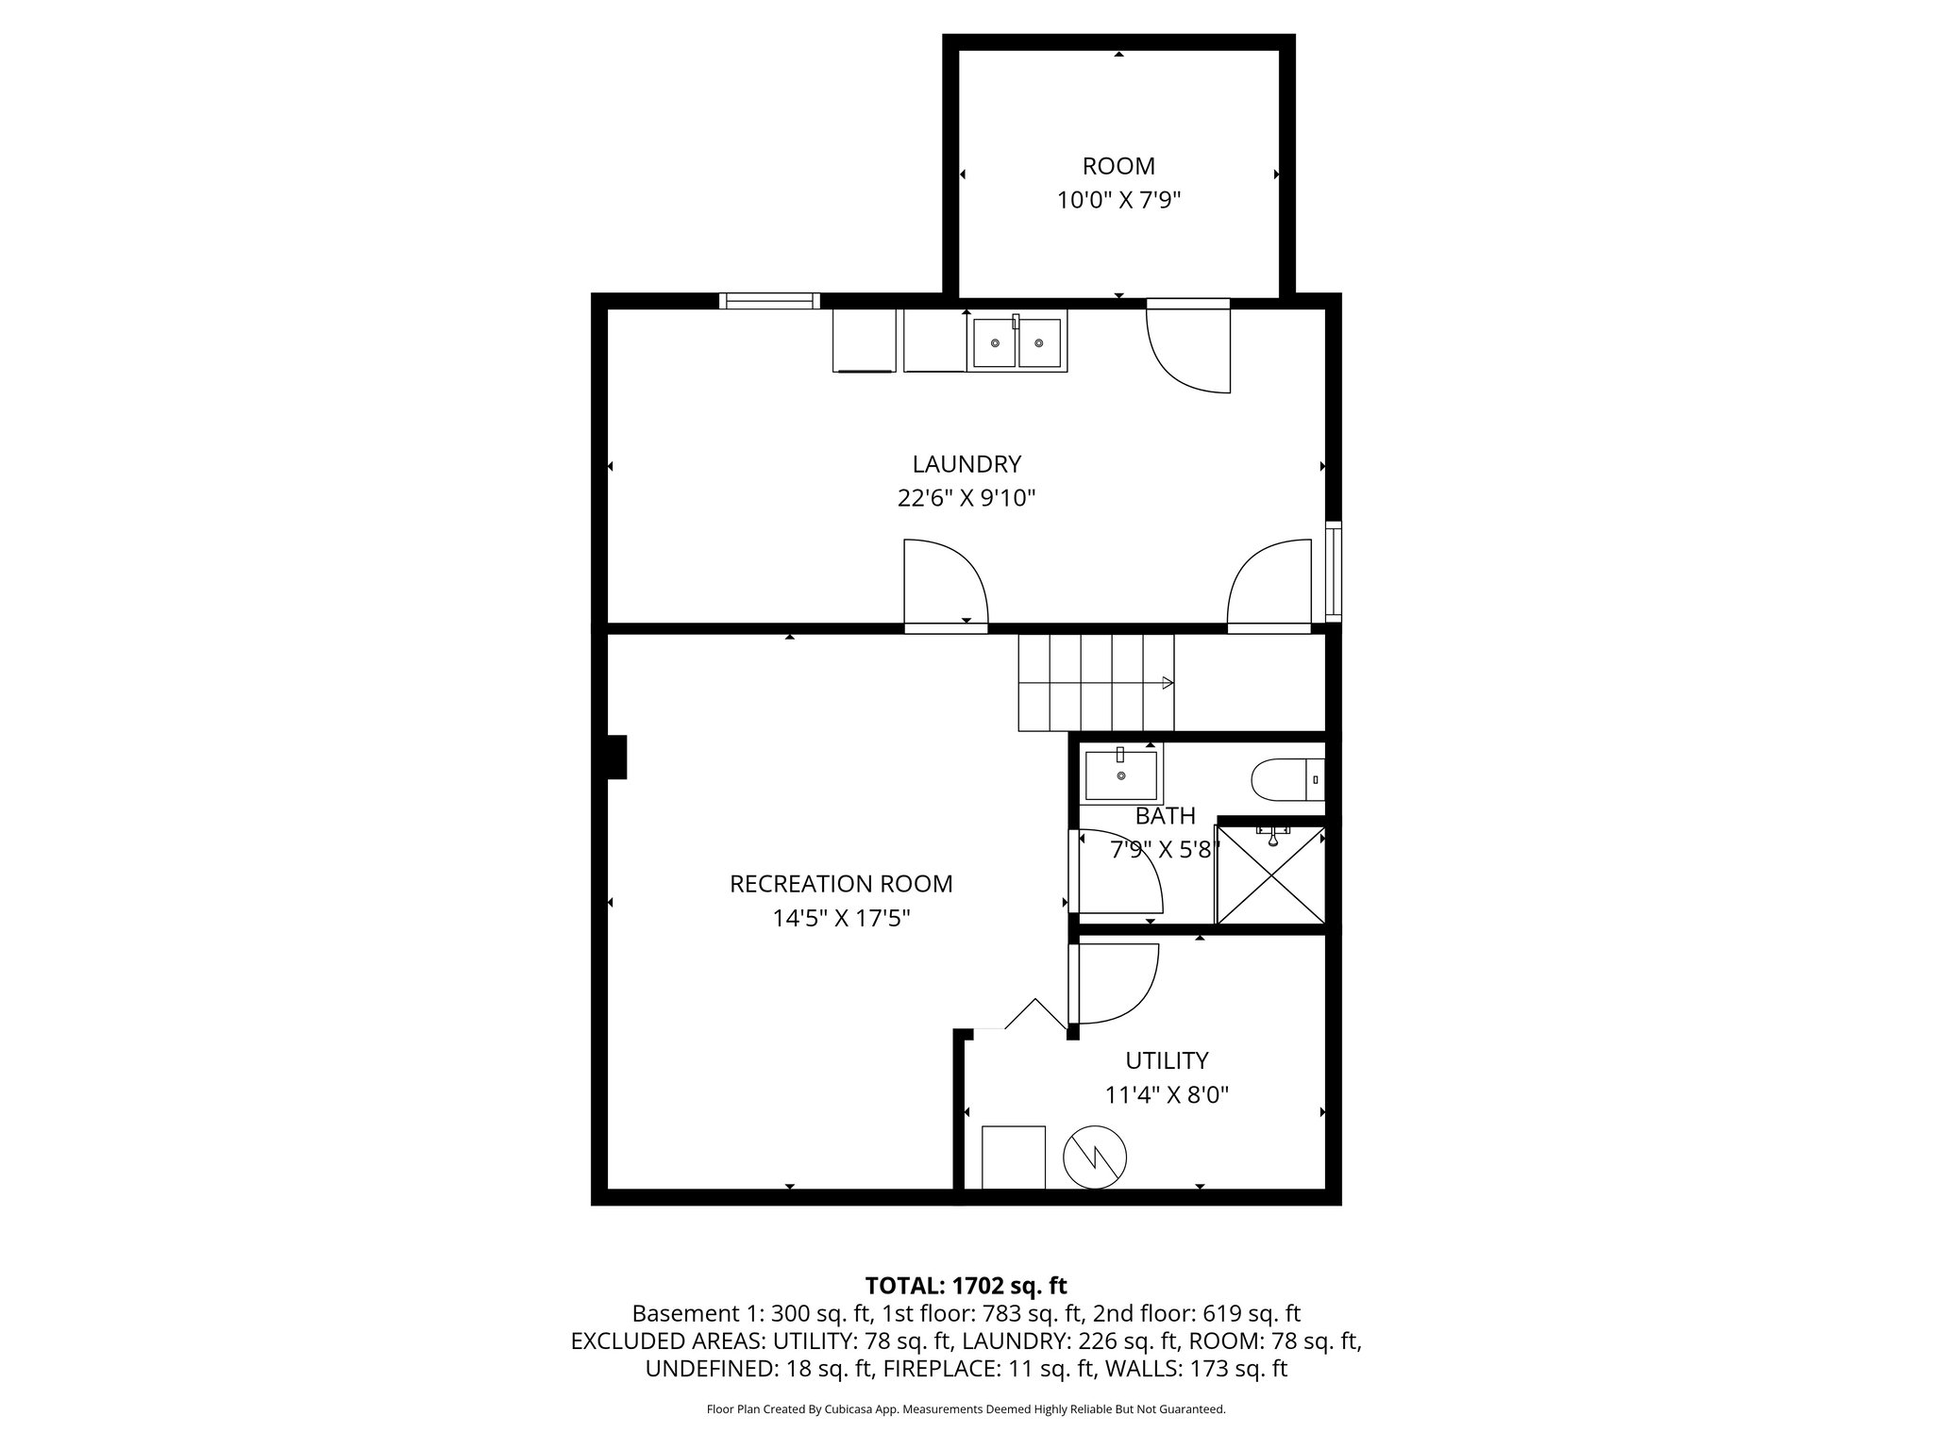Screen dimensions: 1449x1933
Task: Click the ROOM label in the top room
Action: click(x=1118, y=166)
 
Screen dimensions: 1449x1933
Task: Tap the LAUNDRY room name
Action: click(x=966, y=464)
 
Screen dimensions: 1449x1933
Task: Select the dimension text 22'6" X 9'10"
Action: click(x=966, y=498)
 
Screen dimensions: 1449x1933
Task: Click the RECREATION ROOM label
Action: click(x=841, y=884)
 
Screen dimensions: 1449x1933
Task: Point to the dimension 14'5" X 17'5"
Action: click(x=841, y=918)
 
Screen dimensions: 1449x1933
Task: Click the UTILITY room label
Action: click(x=1167, y=1060)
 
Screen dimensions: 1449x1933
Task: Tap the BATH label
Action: click(x=1166, y=816)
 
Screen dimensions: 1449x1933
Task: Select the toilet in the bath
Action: click(x=1287, y=780)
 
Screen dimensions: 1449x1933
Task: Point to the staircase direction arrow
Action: click(x=1167, y=683)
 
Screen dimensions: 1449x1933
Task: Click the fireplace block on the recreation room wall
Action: click(x=616, y=758)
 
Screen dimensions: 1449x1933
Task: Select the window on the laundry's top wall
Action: click(x=769, y=301)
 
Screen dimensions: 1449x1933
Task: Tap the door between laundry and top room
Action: click(x=1188, y=345)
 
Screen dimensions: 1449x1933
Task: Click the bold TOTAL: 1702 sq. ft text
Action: click(x=966, y=1286)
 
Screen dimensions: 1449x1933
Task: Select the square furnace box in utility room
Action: click(x=1013, y=1158)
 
